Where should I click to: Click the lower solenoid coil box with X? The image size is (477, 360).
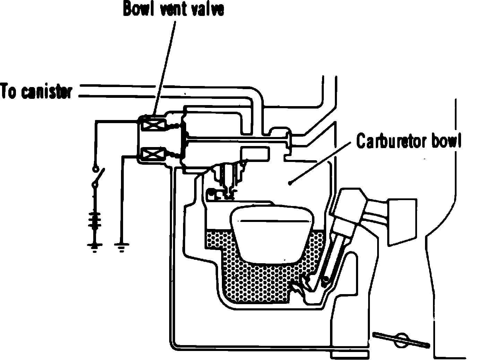[x=153, y=155]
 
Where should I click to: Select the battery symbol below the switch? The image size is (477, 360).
[x=95, y=221]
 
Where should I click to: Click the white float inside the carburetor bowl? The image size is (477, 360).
[x=272, y=234]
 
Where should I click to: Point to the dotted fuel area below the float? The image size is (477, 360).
[x=261, y=283]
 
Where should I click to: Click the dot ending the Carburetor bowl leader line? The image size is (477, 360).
[x=289, y=183]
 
